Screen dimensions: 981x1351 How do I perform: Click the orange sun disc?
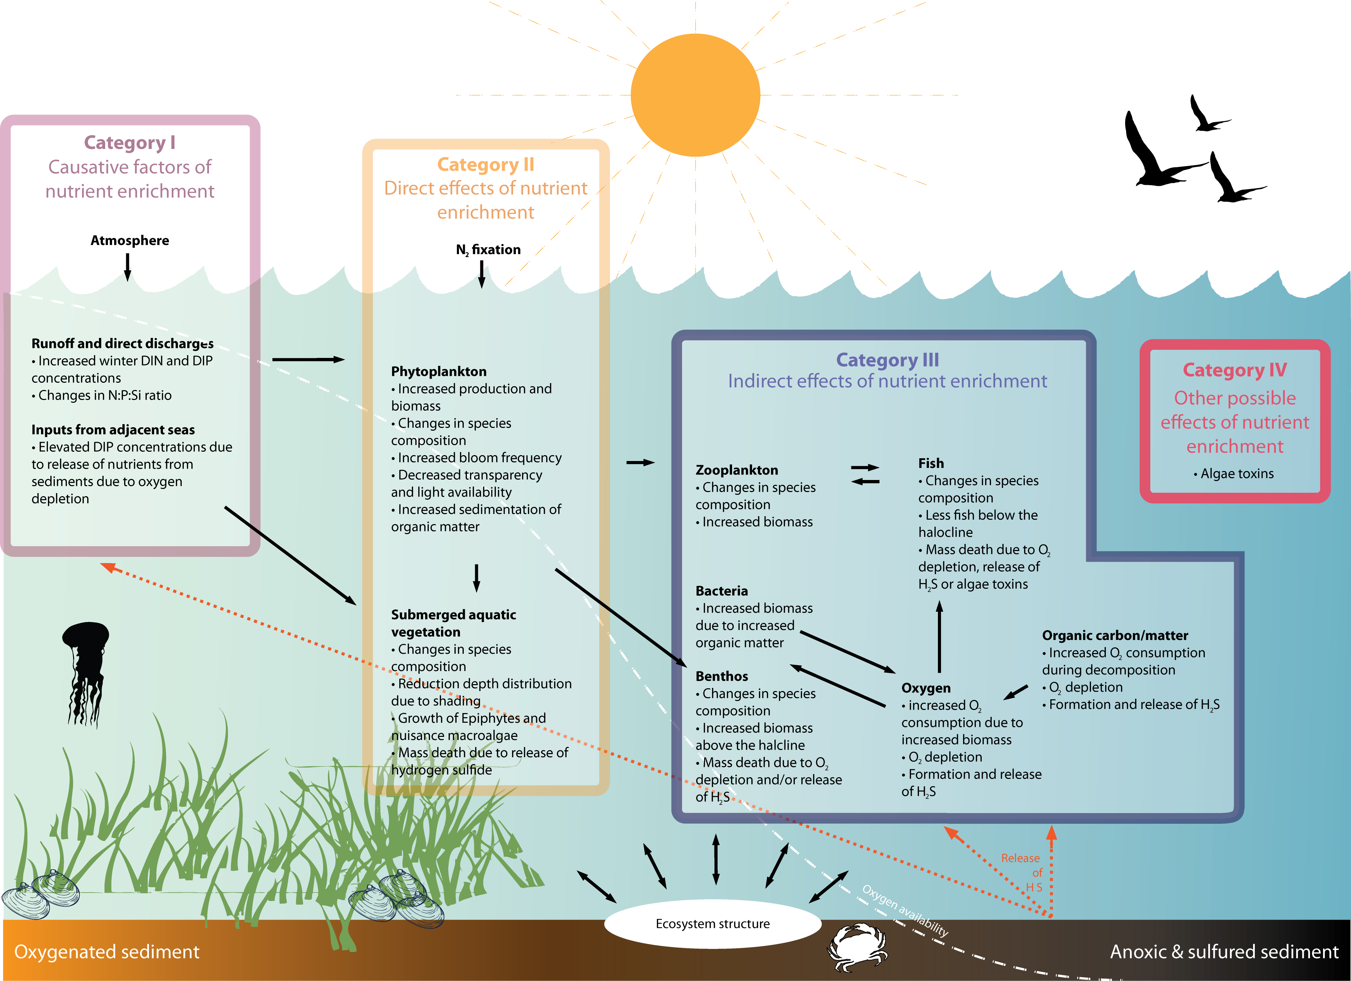point(695,95)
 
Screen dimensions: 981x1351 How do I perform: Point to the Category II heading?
point(486,164)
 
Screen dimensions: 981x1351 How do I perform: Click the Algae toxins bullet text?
point(1236,473)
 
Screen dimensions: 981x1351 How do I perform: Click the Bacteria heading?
point(721,591)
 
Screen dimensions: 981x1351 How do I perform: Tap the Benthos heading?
point(721,676)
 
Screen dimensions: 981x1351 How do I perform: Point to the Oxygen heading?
point(926,688)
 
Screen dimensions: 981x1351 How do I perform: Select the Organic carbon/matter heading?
point(1114,635)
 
